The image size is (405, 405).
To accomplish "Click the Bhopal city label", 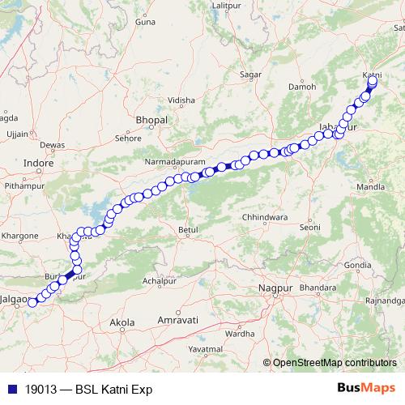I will pyautogui.click(x=151, y=120).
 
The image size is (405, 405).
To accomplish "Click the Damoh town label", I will pyautogui.click(x=303, y=86).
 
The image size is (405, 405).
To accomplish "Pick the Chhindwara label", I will pyautogui.click(x=265, y=218).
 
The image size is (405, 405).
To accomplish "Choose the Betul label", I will pyautogui.click(x=188, y=231).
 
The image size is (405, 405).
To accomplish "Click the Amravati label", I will pyautogui.click(x=178, y=321).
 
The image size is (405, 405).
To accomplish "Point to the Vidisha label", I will pyautogui.click(x=181, y=100).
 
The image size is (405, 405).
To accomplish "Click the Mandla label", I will pyautogui.click(x=371, y=186).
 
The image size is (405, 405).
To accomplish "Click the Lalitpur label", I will pyautogui.click(x=228, y=6).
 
